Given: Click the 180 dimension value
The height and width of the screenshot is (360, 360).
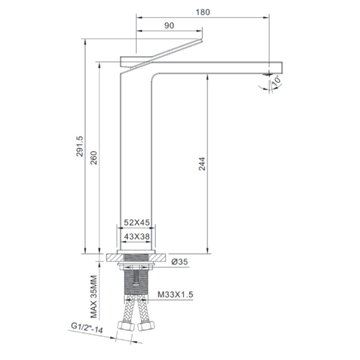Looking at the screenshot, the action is (x=203, y=12).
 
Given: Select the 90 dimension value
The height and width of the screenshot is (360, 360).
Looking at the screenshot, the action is (x=169, y=25).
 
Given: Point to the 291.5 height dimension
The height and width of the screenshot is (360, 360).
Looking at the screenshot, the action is (x=79, y=146).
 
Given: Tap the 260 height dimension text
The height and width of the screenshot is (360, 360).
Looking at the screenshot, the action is (x=94, y=158).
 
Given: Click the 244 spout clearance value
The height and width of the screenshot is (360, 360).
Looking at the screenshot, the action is (x=202, y=164).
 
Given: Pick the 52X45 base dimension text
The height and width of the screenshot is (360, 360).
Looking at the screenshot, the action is (x=137, y=222).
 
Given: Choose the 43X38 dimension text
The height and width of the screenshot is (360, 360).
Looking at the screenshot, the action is (x=137, y=236).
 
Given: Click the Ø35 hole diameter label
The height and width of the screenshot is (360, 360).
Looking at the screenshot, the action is (x=180, y=262).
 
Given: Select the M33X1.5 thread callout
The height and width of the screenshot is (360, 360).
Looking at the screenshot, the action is (x=175, y=294).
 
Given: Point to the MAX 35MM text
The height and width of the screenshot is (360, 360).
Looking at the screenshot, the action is (x=94, y=297).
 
